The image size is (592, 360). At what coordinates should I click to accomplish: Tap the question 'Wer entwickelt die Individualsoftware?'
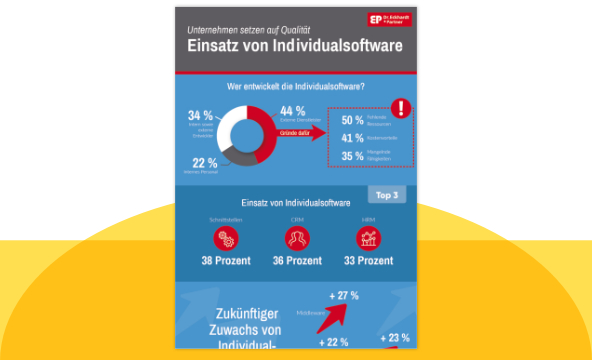click(x=295, y=87)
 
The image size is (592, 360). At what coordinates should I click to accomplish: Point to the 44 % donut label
click(x=293, y=111)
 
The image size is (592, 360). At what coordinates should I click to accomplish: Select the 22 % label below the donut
click(x=204, y=163)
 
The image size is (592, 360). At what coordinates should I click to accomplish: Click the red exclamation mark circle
click(x=401, y=107)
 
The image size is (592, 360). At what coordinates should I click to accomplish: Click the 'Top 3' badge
click(x=389, y=195)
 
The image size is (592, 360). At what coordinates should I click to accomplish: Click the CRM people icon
click(x=296, y=239)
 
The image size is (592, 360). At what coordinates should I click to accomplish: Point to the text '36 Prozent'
click(x=296, y=261)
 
